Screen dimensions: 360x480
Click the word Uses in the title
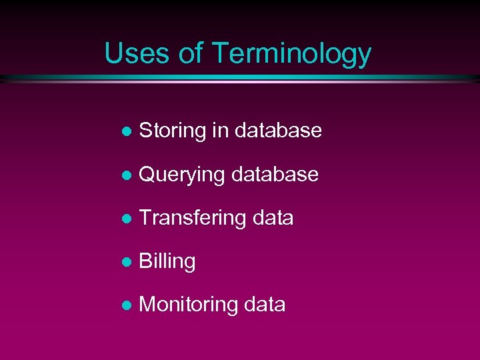[x=137, y=53]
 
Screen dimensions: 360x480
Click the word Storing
[x=173, y=131]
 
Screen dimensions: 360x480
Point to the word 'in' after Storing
[x=219, y=130]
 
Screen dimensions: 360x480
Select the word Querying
[x=182, y=175]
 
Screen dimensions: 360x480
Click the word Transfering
[x=193, y=219]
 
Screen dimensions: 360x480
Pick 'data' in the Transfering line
[x=273, y=218]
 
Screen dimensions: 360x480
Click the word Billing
[x=167, y=262]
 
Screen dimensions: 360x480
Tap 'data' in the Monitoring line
[x=265, y=305]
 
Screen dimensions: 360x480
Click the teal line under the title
[x=240, y=78]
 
